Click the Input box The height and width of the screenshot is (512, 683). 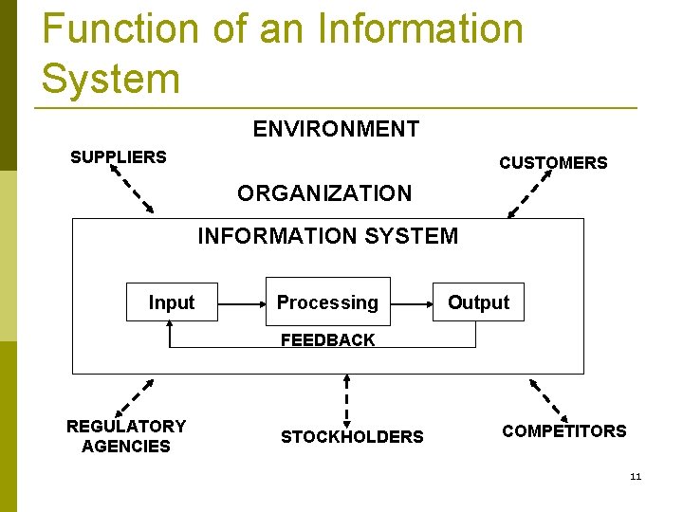(x=172, y=302)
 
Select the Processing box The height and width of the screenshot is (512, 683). (x=327, y=302)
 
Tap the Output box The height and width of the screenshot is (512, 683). (x=478, y=302)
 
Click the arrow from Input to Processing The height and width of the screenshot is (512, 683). (x=241, y=303)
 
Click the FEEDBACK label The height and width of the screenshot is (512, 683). (x=327, y=339)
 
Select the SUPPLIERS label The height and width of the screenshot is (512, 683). (x=119, y=157)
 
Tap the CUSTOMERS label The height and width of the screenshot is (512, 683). (x=553, y=163)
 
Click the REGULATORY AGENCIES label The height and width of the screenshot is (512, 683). (x=126, y=436)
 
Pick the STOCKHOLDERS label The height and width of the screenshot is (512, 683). (x=352, y=437)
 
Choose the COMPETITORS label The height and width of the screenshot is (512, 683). (x=564, y=431)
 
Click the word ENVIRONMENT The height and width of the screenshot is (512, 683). (x=336, y=129)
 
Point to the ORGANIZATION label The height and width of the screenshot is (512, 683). (x=324, y=193)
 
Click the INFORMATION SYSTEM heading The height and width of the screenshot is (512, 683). (x=327, y=236)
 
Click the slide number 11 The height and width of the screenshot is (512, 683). (x=636, y=476)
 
